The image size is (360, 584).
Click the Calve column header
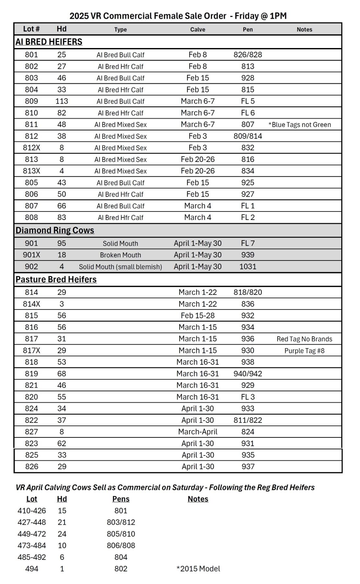tap(198, 30)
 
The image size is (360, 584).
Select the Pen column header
tap(247, 30)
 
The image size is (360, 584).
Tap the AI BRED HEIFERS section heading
tap(49, 42)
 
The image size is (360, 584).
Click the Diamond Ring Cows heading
tap(55, 230)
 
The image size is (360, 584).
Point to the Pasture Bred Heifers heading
tap(56, 279)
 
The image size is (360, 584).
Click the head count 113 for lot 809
tap(62, 101)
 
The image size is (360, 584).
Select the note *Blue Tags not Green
tap(300, 125)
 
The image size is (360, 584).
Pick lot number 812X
tap(31, 148)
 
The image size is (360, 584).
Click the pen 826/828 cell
tap(247, 55)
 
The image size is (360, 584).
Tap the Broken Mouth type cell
tap(120, 255)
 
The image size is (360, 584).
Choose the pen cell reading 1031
tap(247, 267)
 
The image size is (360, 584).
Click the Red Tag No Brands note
tap(304, 339)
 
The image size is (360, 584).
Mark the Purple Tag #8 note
tap(304, 351)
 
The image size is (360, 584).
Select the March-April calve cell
tap(198, 432)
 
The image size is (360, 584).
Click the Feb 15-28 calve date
tap(198, 316)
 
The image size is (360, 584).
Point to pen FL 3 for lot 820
tap(247, 397)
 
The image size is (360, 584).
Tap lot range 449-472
tap(32, 534)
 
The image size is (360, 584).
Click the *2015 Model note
tap(198, 569)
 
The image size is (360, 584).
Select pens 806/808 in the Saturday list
tap(121, 546)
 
